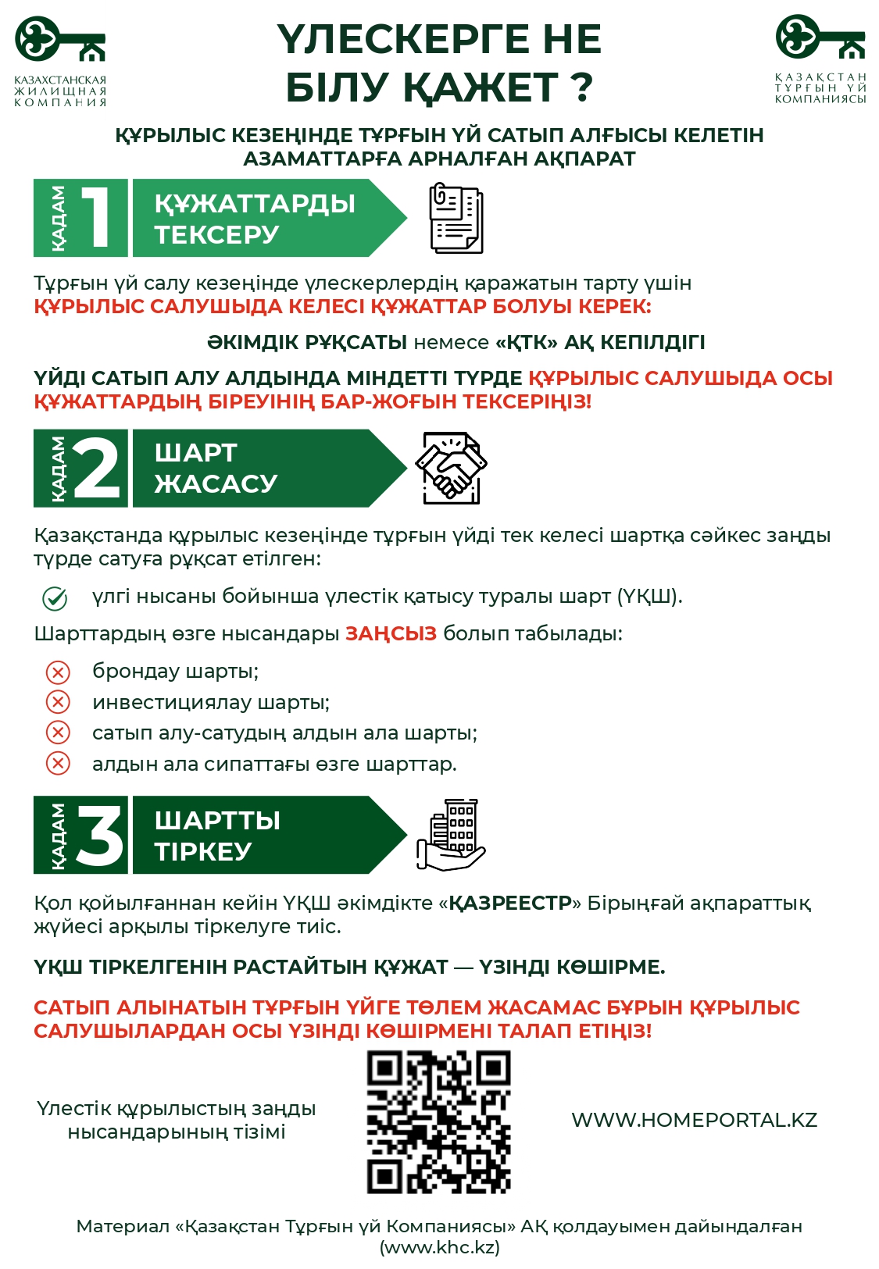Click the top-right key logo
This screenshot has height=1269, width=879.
[820, 37]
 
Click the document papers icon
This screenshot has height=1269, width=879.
[456, 218]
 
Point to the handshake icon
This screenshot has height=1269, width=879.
[451, 468]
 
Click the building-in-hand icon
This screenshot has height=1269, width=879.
[451, 835]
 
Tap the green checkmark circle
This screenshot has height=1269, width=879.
[55, 598]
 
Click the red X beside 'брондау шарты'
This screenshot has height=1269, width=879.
[58, 672]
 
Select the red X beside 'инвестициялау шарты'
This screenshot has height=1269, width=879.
[58, 702]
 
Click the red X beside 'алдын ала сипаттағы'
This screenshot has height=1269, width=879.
[58, 763]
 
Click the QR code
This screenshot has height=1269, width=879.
[439, 1121]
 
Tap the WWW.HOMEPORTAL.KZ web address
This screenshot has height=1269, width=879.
[694, 1120]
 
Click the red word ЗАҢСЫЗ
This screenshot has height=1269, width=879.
[391, 633]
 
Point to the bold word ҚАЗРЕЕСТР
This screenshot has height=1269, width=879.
[510, 904]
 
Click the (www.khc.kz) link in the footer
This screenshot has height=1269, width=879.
[440, 1247]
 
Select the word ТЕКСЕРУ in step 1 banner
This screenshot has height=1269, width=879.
[216, 234]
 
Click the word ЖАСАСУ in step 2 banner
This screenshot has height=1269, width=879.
[216, 483]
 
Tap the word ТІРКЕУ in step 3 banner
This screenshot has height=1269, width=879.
[203, 851]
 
